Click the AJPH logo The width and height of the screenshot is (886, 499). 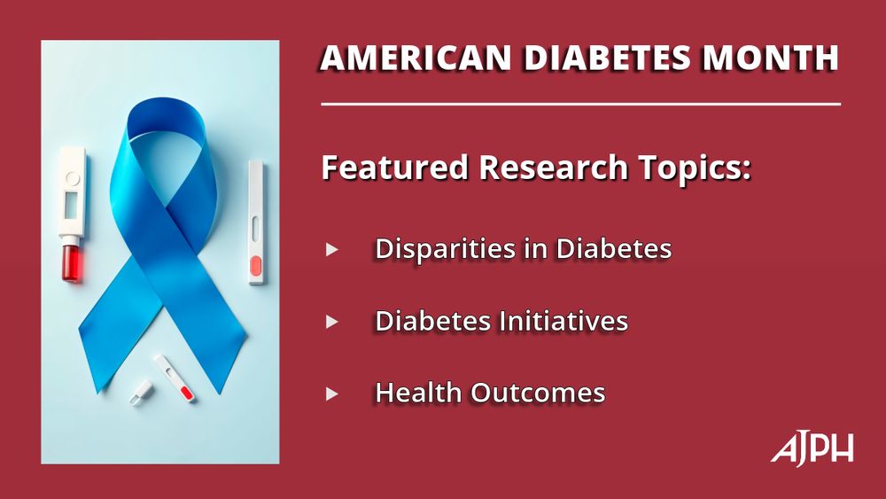(812, 449)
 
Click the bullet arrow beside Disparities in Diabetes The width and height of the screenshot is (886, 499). (332, 250)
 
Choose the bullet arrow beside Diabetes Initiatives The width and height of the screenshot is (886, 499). (332, 322)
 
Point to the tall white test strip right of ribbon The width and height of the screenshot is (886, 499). (256, 222)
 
